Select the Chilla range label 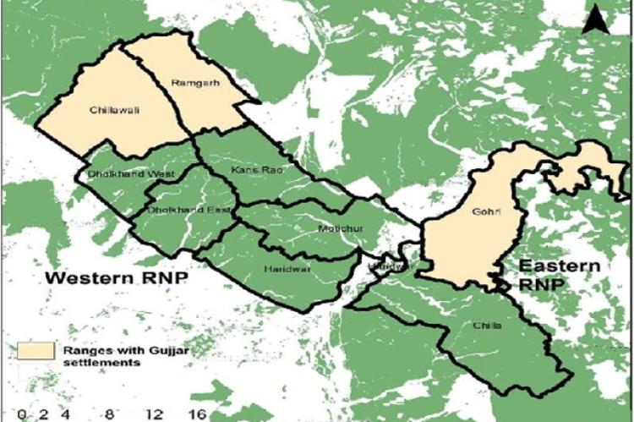[488, 325]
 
